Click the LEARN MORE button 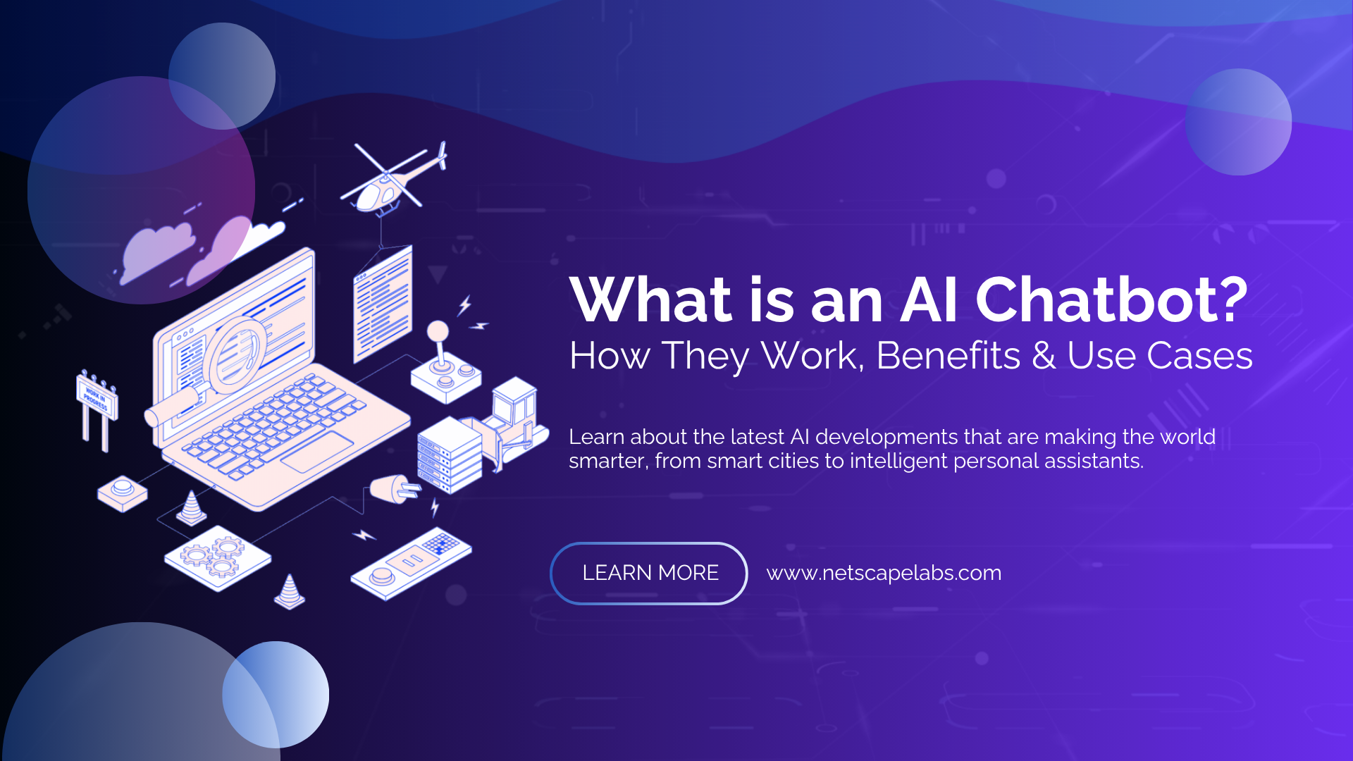[649, 573]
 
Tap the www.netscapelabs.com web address [884, 573]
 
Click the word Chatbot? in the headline [1111, 299]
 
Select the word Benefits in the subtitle [948, 355]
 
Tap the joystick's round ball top [438, 330]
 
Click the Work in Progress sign [97, 399]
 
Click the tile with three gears [217, 557]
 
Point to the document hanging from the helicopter [383, 303]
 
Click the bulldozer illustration [513, 423]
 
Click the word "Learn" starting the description [596, 437]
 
